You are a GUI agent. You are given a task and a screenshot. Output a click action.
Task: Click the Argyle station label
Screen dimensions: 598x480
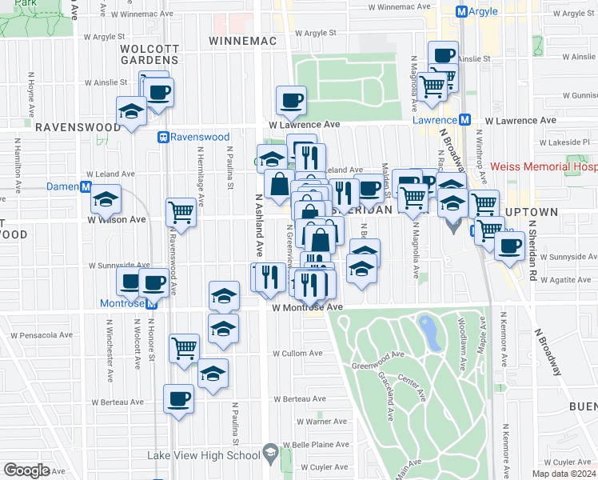tap(483, 11)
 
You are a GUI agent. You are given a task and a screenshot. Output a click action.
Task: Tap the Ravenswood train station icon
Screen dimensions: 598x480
tap(164, 137)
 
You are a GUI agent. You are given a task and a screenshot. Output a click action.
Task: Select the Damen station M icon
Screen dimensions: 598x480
tap(86, 186)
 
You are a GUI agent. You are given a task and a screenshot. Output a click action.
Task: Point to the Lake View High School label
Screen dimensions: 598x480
tap(204, 455)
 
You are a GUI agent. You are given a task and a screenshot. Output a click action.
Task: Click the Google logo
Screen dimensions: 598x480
tap(26, 470)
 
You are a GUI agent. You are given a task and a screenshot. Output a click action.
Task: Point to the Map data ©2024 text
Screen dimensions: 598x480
tap(564, 474)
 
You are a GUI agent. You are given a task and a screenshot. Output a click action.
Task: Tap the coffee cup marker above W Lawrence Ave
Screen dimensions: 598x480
tap(291, 100)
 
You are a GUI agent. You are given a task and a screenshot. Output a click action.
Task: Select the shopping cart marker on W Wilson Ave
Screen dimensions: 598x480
tap(181, 212)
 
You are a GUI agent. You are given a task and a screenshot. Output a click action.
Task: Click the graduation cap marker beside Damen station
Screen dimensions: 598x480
tap(105, 198)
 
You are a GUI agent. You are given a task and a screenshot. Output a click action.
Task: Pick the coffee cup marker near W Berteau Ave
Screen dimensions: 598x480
tap(178, 398)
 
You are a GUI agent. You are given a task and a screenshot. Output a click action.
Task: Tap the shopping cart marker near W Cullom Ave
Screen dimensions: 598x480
tap(185, 347)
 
